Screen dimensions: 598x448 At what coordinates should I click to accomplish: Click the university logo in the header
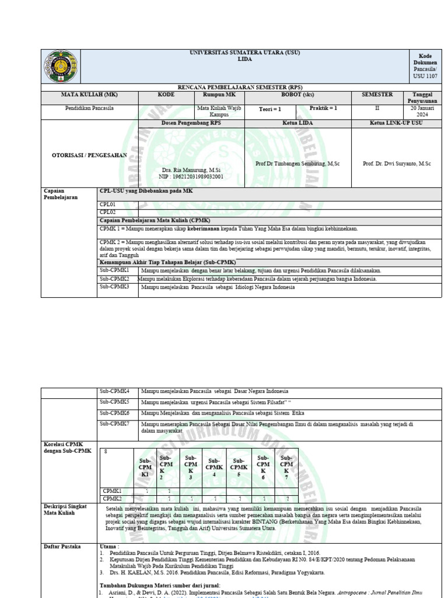click(x=60, y=65)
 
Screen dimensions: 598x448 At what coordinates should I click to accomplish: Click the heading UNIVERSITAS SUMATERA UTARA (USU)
click(x=245, y=53)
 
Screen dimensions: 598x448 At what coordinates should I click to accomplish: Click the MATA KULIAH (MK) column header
click(x=89, y=95)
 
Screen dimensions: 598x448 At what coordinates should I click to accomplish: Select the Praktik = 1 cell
click(x=323, y=109)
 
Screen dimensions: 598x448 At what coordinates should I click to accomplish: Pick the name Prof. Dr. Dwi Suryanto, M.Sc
click(x=397, y=164)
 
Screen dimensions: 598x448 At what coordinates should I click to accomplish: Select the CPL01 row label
click(x=108, y=204)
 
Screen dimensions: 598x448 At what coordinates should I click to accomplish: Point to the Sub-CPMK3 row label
click(x=114, y=287)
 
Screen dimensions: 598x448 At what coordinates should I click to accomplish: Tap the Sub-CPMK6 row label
click(x=114, y=412)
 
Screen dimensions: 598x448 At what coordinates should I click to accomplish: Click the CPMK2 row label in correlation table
click(x=112, y=498)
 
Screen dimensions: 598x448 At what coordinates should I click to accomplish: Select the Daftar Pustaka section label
click(x=63, y=546)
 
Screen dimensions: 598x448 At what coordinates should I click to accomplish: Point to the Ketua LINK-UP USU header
click(x=397, y=123)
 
